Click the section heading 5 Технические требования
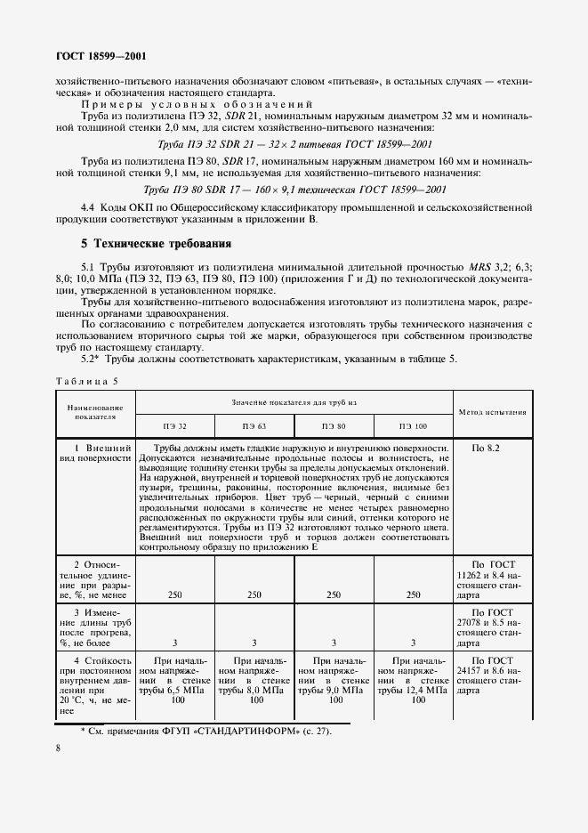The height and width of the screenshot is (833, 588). pyautogui.click(x=156, y=243)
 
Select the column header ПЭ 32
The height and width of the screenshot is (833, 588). pyautogui.click(x=175, y=427)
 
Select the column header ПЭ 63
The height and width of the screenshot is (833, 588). pyautogui.click(x=254, y=427)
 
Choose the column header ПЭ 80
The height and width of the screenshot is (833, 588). pyautogui.click(x=334, y=427)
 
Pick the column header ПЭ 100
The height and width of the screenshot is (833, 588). pyautogui.click(x=413, y=427)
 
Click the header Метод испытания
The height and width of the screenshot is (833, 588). pyautogui.click(x=492, y=412)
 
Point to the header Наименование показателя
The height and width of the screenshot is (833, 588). pyautogui.click(x=96, y=411)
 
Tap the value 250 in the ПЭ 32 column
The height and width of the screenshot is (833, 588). pyautogui.click(x=175, y=594)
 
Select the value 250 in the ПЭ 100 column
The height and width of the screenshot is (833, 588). pyautogui.click(x=413, y=594)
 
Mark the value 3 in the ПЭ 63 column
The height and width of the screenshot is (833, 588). pyautogui.click(x=254, y=642)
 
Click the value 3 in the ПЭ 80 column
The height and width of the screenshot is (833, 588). pyautogui.click(x=334, y=642)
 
